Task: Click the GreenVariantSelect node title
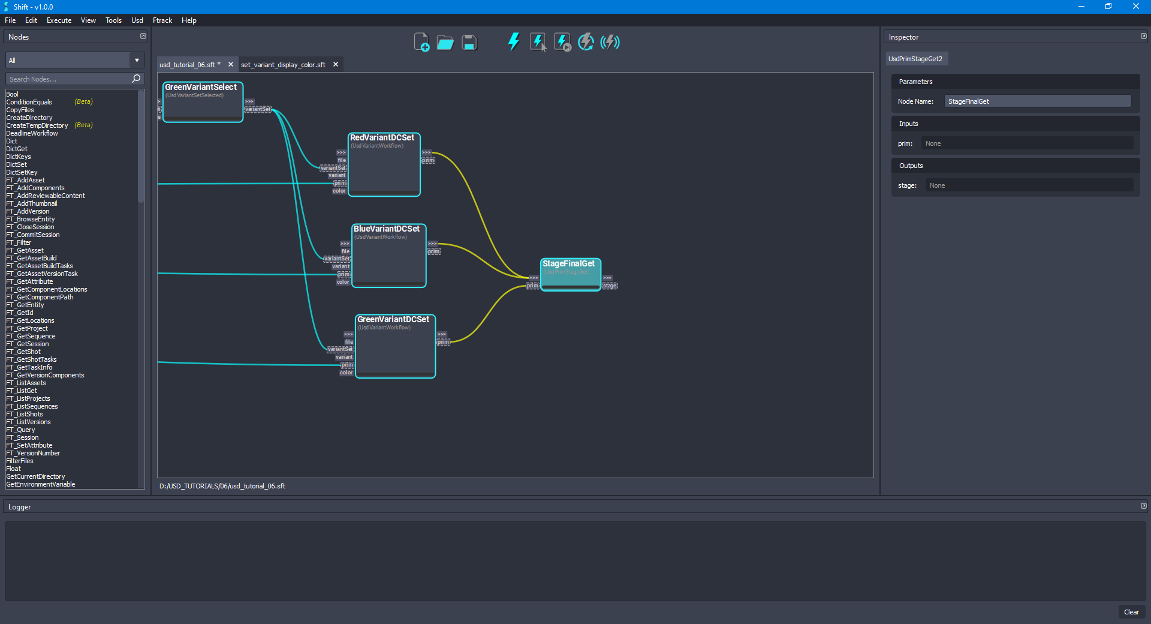(x=201, y=88)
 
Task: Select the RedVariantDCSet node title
(x=382, y=138)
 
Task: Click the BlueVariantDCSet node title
(x=386, y=229)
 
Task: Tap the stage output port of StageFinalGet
(x=610, y=286)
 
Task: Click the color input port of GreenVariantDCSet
(x=346, y=373)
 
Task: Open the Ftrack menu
(x=162, y=20)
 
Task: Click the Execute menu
(x=59, y=20)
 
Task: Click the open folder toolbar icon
(x=445, y=43)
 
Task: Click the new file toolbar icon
(x=421, y=43)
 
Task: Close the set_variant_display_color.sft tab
(x=336, y=65)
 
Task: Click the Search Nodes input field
(x=69, y=79)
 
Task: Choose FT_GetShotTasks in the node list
(x=31, y=360)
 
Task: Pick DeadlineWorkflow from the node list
(x=32, y=134)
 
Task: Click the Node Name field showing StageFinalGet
(x=1037, y=101)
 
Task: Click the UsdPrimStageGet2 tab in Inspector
(x=915, y=59)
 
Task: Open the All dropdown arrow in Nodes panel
(x=137, y=61)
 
